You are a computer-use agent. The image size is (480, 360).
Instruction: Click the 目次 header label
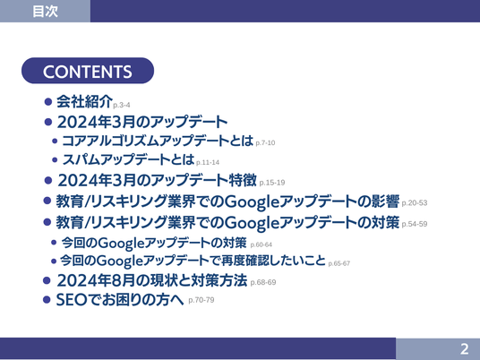[45, 12]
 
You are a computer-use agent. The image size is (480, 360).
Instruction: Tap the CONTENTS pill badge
[88, 71]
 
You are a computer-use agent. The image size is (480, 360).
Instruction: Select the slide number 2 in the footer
[465, 349]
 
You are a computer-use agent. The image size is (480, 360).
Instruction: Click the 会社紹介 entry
[84, 101]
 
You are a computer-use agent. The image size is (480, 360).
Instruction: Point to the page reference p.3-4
[122, 105]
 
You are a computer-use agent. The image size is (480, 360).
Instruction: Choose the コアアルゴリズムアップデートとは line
[158, 141]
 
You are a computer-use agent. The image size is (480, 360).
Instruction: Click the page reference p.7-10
[265, 143]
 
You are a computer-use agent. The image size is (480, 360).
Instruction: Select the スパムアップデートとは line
[129, 159]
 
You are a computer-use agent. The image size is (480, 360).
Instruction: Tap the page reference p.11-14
[208, 162]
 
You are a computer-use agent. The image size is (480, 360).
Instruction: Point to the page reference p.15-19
[272, 183]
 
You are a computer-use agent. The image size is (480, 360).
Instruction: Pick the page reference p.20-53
[415, 203]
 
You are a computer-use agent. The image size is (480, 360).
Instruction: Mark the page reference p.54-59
[415, 224]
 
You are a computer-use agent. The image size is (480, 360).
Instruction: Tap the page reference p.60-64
[261, 244]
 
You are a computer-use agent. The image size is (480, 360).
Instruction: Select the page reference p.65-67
[339, 263]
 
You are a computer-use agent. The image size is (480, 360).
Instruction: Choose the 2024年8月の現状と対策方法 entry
[152, 280]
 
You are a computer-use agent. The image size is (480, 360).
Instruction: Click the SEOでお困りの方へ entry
[120, 299]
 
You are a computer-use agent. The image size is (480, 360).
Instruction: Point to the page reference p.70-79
[201, 300]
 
